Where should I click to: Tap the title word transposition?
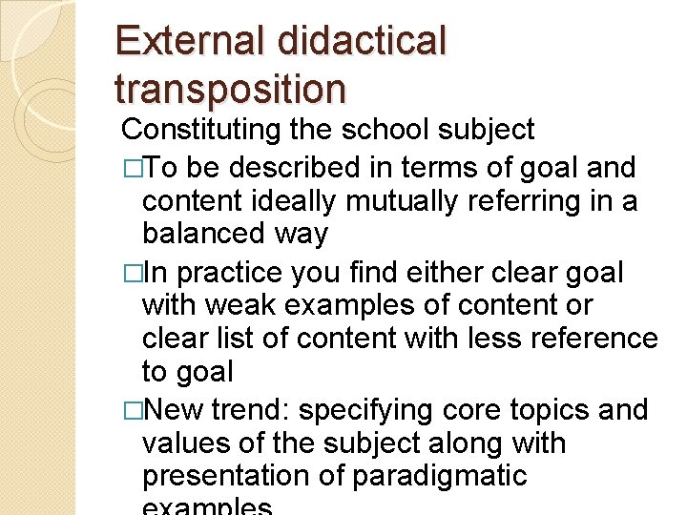(x=229, y=89)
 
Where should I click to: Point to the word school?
(x=400, y=130)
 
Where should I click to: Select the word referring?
(x=529, y=201)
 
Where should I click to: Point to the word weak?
(x=254, y=306)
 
